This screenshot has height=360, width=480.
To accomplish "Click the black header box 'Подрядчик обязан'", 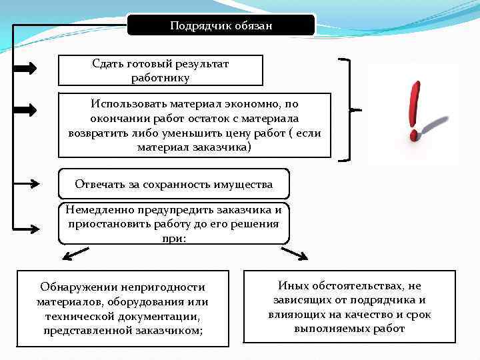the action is click(x=221, y=25).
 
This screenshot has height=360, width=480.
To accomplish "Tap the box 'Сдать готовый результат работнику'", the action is click(x=161, y=71).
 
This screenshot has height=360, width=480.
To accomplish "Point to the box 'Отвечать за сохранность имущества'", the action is click(x=174, y=184).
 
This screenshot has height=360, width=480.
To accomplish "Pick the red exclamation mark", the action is click(x=415, y=110).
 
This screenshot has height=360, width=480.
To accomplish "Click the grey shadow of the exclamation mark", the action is click(x=437, y=126).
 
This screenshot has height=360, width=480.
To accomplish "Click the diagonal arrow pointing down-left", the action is click(x=75, y=253).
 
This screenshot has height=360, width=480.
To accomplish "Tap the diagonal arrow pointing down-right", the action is click(x=294, y=253).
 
